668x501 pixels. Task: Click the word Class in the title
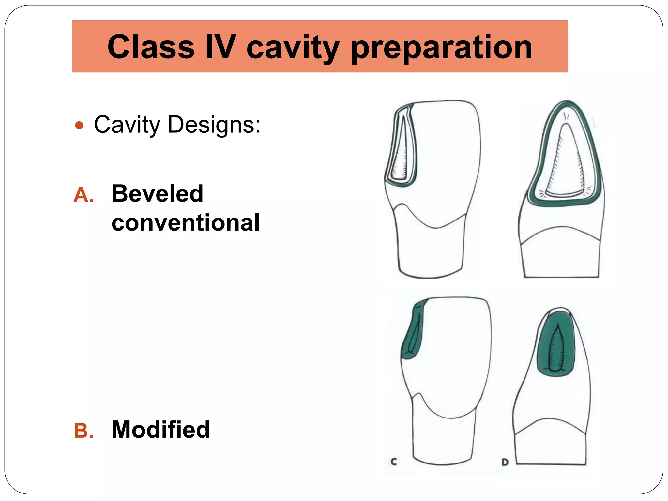(151, 47)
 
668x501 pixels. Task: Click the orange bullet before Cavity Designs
(79, 125)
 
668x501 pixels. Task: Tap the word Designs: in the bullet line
(214, 125)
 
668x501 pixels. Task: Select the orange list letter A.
(83, 195)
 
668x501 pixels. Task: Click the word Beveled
(157, 194)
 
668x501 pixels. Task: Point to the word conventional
(185, 223)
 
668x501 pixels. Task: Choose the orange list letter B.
(83, 431)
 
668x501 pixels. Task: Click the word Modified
(160, 430)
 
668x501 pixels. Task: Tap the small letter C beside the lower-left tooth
(394, 462)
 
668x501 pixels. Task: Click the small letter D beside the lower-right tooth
(505, 462)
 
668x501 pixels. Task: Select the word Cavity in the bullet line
(127, 125)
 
